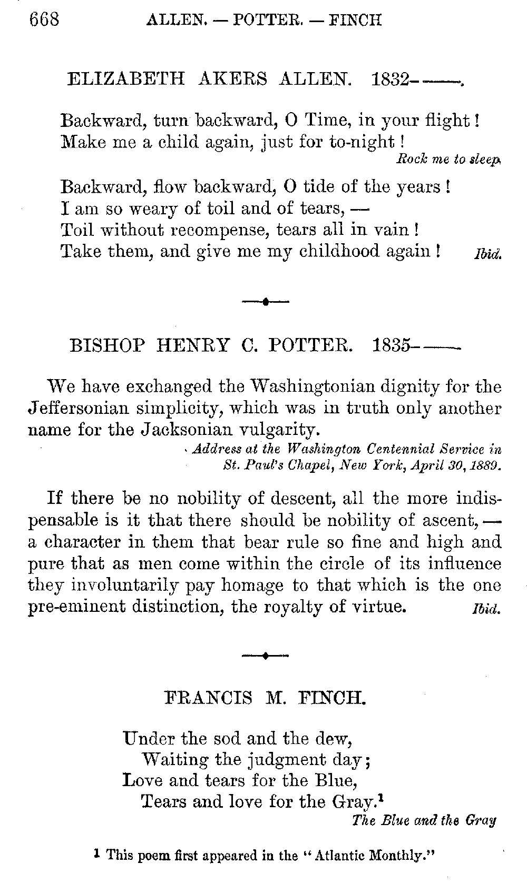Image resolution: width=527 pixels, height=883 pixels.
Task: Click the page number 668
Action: [45, 19]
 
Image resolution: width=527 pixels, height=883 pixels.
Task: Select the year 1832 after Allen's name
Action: [391, 79]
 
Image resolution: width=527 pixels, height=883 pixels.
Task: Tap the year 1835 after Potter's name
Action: [391, 345]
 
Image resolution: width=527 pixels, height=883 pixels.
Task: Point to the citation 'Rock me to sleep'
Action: [447, 159]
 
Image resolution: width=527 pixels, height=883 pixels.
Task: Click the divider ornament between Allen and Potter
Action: [266, 302]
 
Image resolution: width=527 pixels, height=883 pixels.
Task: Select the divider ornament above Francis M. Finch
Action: [266, 656]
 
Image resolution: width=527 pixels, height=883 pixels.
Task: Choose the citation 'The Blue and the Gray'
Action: [424, 820]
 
